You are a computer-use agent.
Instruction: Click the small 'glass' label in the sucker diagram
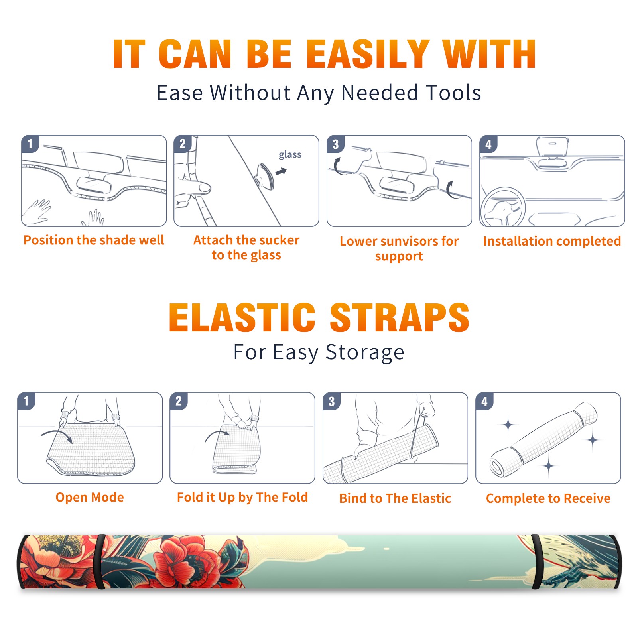click(x=290, y=155)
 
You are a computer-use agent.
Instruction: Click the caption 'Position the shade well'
click(x=94, y=240)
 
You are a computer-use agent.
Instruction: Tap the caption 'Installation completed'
click(x=552, y=241)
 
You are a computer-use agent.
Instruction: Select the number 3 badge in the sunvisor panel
click(x=335, y=144)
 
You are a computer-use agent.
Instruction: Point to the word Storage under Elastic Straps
click(x=365, y=352)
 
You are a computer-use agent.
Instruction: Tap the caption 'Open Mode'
click(x=90, y=497)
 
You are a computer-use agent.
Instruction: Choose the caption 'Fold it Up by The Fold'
click(x=242, y=497)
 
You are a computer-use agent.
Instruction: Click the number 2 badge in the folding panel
click(x=178, y=401)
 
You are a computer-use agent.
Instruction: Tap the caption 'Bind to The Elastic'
click(x=395, y=498)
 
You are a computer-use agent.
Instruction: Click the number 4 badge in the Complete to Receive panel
click(x=484, y=401)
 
